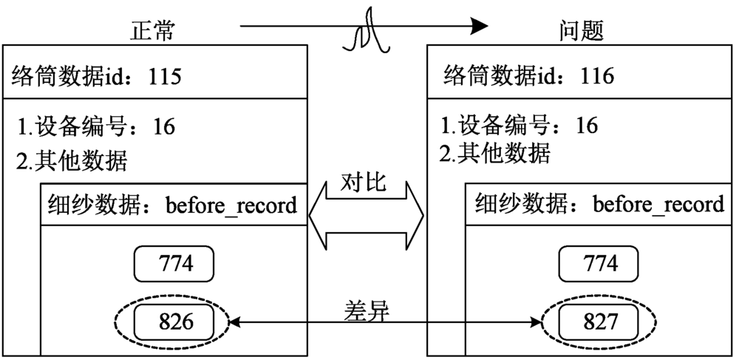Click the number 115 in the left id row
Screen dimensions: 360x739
pos(165,76)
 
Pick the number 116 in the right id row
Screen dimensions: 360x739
pos(597,75)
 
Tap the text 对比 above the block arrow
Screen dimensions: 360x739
pos(364,183)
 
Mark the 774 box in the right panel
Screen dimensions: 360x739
pos(598,262)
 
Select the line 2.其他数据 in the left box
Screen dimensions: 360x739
pos(72,160)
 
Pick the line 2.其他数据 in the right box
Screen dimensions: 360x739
pos(494,154)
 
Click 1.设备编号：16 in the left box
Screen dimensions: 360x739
pos(97,127)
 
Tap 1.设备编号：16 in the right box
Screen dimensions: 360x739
pos(518,126)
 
